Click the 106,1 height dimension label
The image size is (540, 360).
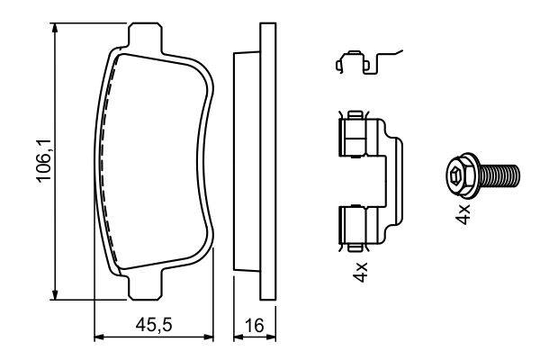pyautogui.click(x=44, y=160)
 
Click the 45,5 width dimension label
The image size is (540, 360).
pyautogui.click(x=154, y=325)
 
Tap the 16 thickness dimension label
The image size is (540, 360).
pyautogui.click(x=255, y=325)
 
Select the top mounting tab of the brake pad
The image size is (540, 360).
pyautogui.click(x=145, y=37)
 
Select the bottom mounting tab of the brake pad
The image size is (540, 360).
pyautogui.click(x=145, y=286)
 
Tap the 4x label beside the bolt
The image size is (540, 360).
pyautogui.click(x=463, y=214)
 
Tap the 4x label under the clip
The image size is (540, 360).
pyautogui.click(x=361, y=272)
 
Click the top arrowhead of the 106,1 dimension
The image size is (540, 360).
pyautogui.click(x=54, y=29)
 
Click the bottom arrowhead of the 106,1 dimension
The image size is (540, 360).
pyautogui.click(x=54, y=294)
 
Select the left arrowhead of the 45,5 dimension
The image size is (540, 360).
pyautogui.click(x=100, y=337)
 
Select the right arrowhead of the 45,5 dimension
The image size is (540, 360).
pyautogui.click(x=208, y=337)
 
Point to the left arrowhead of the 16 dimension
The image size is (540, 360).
pyautogui.click(x=239, y=337)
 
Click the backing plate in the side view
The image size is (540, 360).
pyautogui.click(x=268, y=161)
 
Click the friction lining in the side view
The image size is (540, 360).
pyautogui.click(x=247, y=161)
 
